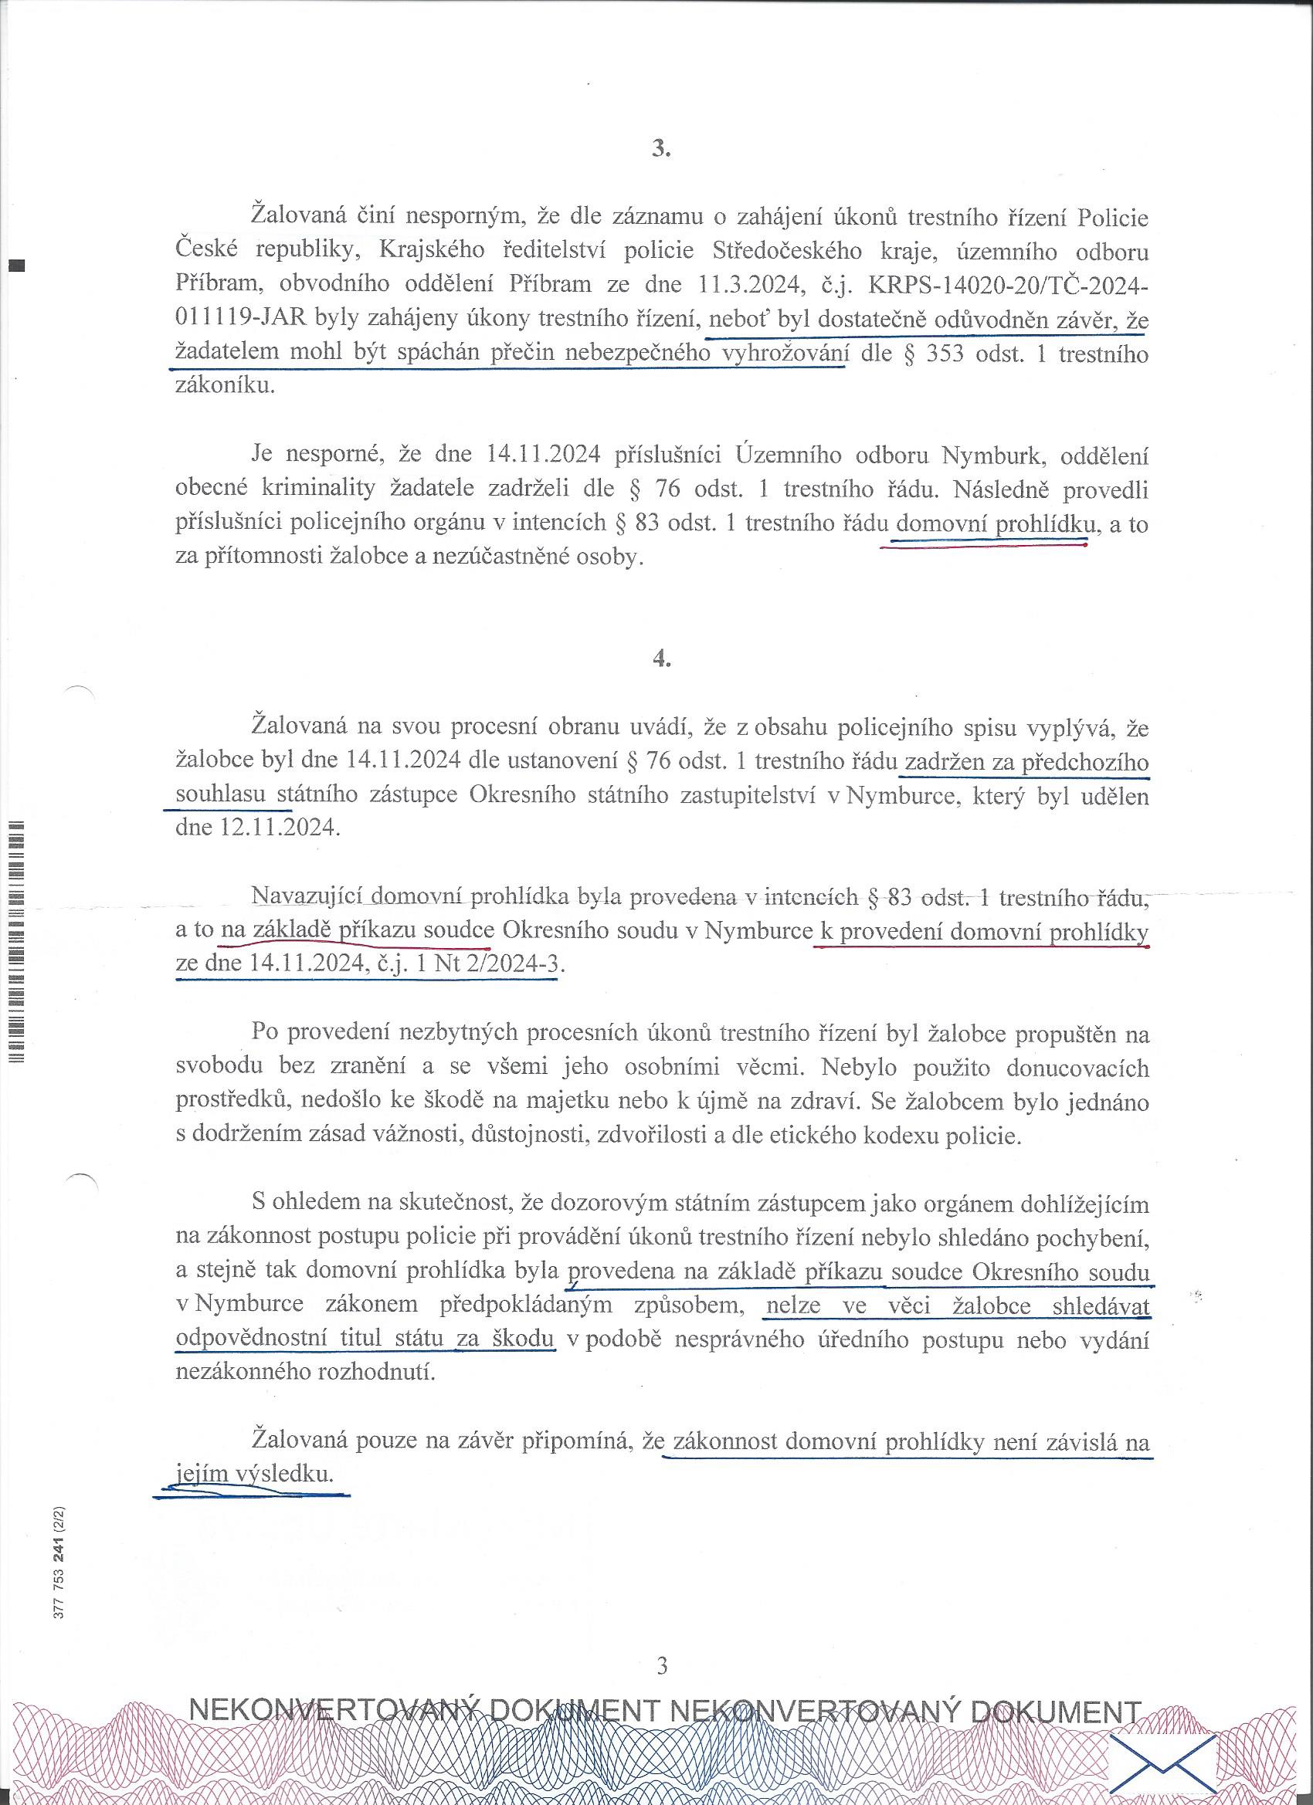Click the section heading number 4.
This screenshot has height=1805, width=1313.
[x=660, y=659]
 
